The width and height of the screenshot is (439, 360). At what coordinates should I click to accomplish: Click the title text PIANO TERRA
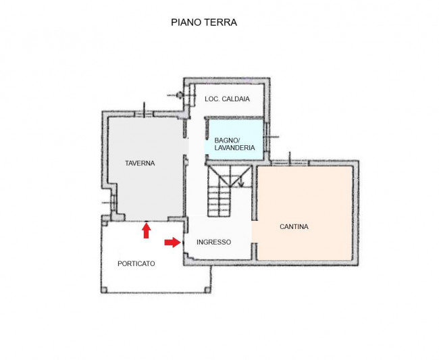pos(203,22)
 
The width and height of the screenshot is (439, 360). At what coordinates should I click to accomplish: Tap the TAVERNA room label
pos(140,163)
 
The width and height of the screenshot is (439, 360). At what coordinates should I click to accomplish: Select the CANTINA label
pos(294,227)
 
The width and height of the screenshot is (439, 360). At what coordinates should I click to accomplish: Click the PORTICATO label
pos(136,263)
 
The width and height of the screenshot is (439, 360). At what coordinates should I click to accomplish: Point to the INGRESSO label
pos(213,242)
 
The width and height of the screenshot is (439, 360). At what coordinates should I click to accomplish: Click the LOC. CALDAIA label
pos(227,99)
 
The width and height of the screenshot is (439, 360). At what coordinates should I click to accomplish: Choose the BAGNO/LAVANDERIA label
pos(234,143)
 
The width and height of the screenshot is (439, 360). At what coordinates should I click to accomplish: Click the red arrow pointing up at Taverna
pos(146,231)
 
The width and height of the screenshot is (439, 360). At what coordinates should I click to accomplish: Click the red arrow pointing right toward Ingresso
pos(172,242)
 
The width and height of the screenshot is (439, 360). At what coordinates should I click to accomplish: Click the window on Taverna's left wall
pos(105,203)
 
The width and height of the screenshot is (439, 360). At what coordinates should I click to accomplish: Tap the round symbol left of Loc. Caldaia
pos(180,95)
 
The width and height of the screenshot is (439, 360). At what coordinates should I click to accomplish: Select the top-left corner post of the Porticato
pos(103,220)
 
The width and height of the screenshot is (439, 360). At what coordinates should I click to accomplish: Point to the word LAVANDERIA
pos(234,147)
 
